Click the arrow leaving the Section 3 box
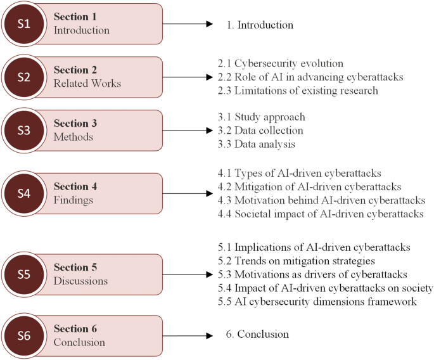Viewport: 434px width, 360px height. pos(186,131)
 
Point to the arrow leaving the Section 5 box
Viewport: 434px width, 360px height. pos(186,274)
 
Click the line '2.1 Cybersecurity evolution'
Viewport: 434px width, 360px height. pos(280,63)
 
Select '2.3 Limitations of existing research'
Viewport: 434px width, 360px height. pos(297,90)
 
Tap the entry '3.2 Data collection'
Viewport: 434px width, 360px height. pos(260,131)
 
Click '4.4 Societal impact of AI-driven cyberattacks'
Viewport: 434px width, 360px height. pos(321,214)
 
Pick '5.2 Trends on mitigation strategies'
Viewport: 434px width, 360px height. pos(297,261)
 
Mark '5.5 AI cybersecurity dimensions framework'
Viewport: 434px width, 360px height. pos(317,302)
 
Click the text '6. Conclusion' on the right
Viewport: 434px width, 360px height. pos(257,334)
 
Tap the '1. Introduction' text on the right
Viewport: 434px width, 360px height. pos(260,25)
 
